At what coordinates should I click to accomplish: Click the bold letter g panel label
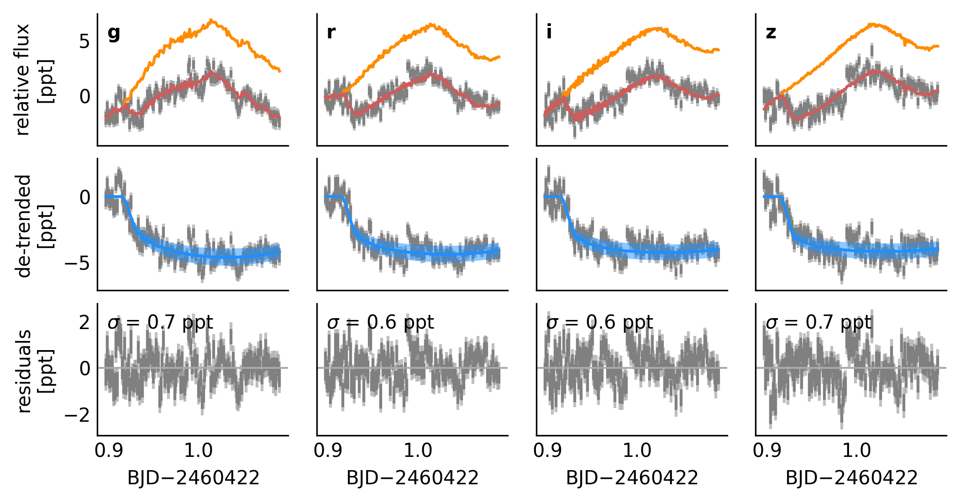coord(114,33)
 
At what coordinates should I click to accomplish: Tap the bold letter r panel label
coord(331,32)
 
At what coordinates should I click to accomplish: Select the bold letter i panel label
coord(549,32)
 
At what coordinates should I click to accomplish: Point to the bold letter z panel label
coord(771,32)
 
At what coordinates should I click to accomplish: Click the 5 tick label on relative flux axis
coord(84,42)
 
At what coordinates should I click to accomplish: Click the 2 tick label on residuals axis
coord(84,323)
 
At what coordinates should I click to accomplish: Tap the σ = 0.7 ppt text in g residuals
coord(160,323)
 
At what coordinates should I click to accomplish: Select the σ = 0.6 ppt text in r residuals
coord(380,323)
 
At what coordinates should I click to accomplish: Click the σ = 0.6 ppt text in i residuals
coord(599,323)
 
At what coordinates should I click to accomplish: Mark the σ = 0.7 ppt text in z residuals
coord(818,323)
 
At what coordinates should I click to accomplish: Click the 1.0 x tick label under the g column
coord(198,451)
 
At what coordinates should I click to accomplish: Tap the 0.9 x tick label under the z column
coord(767,451)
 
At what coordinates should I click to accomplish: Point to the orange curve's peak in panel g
coord(211,20)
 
